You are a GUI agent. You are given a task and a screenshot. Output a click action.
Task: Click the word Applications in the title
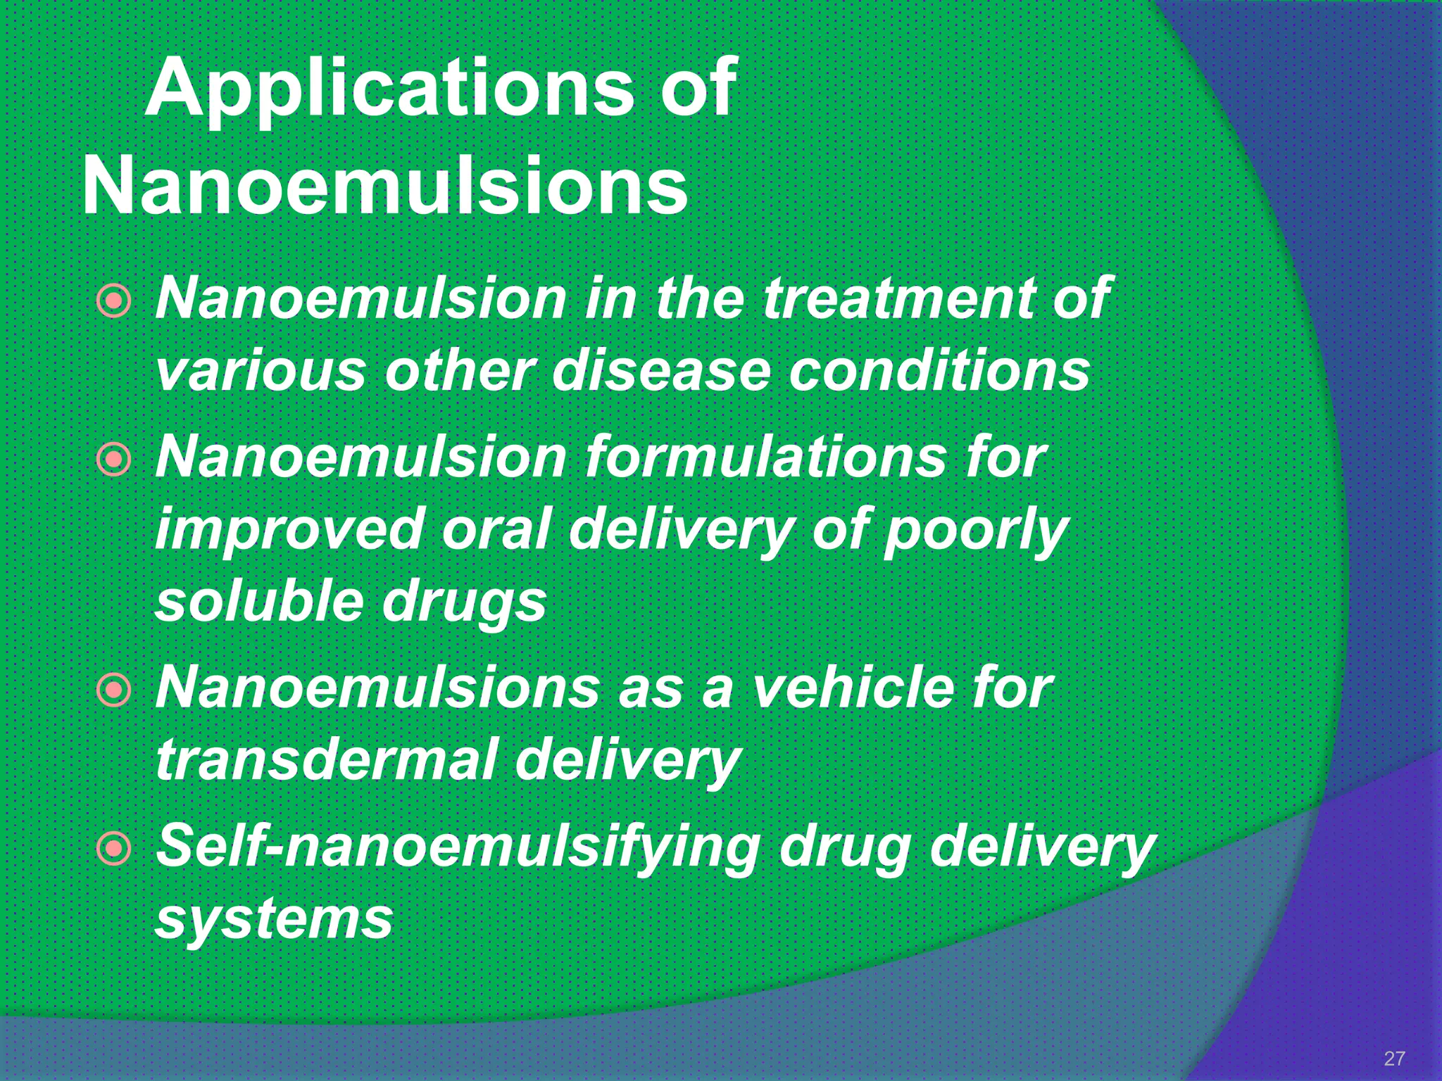coord(389,90)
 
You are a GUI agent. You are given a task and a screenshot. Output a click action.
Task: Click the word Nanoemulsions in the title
coord(385,187)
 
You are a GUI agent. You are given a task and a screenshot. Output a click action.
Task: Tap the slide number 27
coord(1394,1058)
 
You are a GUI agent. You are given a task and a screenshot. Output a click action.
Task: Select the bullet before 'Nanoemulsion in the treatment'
coord(113,301)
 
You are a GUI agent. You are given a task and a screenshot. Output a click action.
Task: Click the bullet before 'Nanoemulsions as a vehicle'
coord(113,690)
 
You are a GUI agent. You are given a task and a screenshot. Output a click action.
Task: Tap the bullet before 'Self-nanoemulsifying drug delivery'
coord(113,849)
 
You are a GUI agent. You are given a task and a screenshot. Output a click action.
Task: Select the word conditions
coord(939,371)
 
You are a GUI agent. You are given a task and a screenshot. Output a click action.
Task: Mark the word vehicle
coord(853,688)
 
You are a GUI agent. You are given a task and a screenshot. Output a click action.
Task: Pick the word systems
coord(274,921)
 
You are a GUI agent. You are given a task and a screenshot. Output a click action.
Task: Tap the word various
coord(261,371)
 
